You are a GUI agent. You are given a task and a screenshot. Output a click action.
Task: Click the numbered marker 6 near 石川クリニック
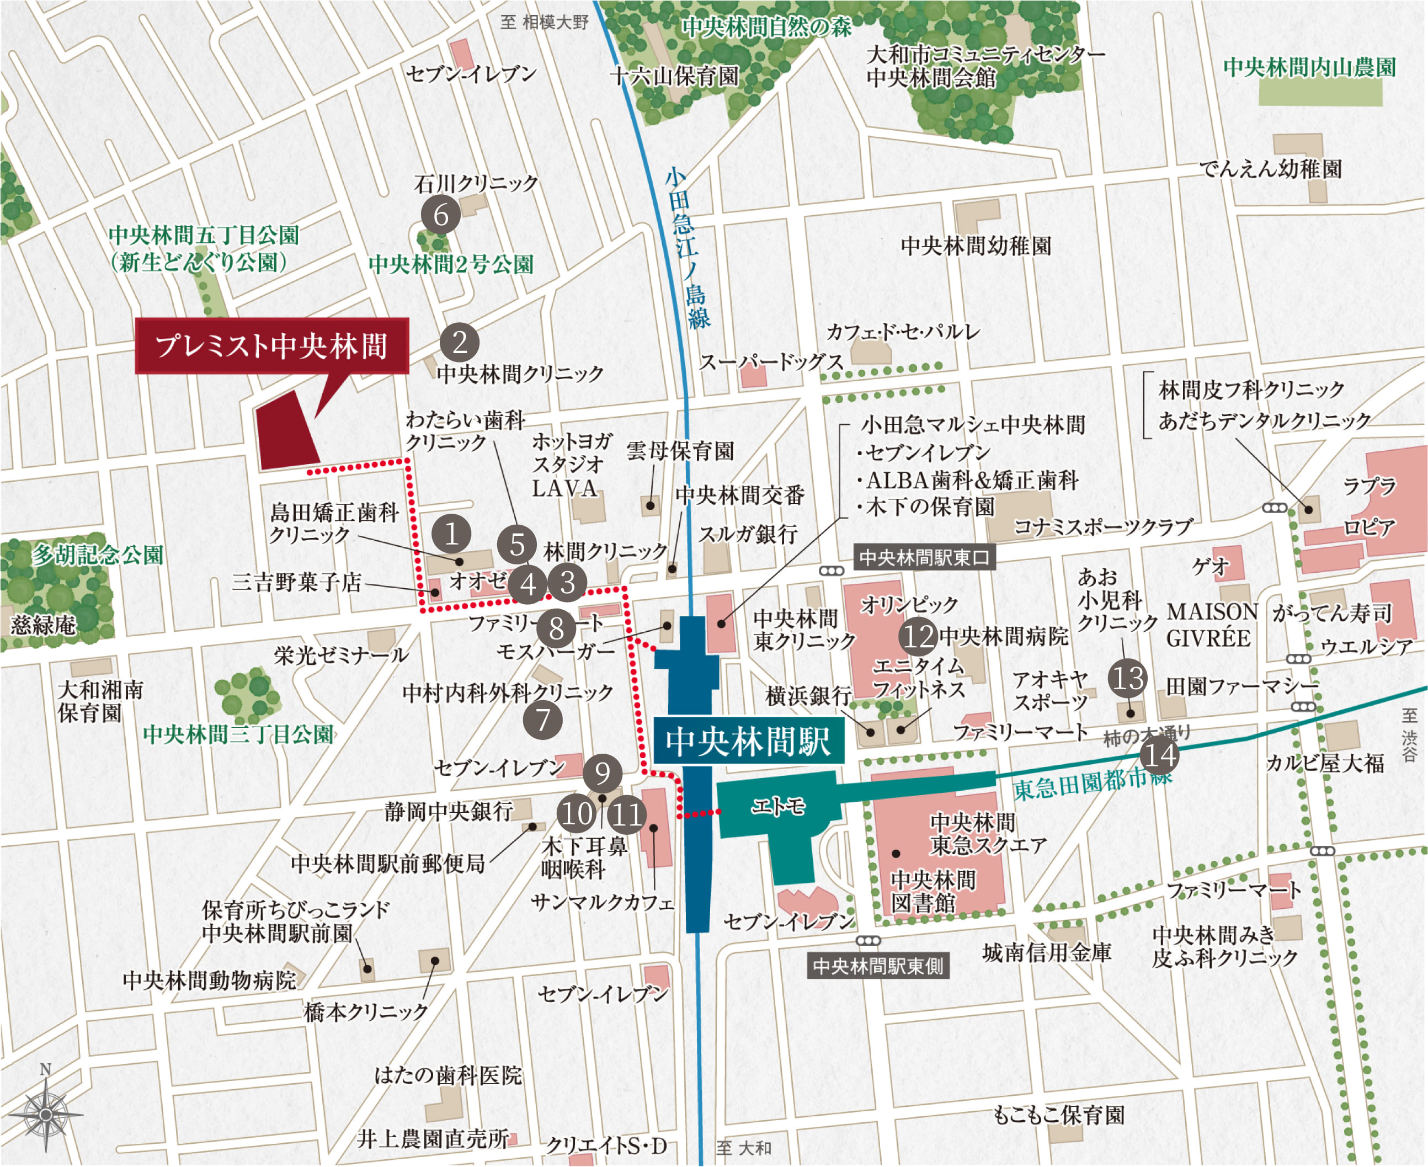tap(440, 215)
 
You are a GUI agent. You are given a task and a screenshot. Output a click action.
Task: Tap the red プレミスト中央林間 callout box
tap(271, 345)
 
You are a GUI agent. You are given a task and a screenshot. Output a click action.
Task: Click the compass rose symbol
tap(46, 1114)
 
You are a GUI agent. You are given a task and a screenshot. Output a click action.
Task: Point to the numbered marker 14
tap(1160, 755)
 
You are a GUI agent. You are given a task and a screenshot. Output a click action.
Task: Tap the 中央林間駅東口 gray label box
tap(924, 557)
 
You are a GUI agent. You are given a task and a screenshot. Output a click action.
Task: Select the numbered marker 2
tap(459, 342)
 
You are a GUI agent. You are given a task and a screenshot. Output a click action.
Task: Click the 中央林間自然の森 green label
tap(767, 27)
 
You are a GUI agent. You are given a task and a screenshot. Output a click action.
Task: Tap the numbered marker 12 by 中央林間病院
tap(918, 635)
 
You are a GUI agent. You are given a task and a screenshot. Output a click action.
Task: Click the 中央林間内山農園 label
tap(1309, 67)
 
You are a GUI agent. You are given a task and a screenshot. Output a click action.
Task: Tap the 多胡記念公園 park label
tap(98, 555)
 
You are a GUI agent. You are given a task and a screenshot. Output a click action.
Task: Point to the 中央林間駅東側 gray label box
tap(877, 967)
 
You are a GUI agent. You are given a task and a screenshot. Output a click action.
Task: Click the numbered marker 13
tap(1128, 677)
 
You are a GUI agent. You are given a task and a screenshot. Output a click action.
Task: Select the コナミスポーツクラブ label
tap(1103, 526)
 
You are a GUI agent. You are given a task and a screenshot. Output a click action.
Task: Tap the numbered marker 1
tap(451, 534)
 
